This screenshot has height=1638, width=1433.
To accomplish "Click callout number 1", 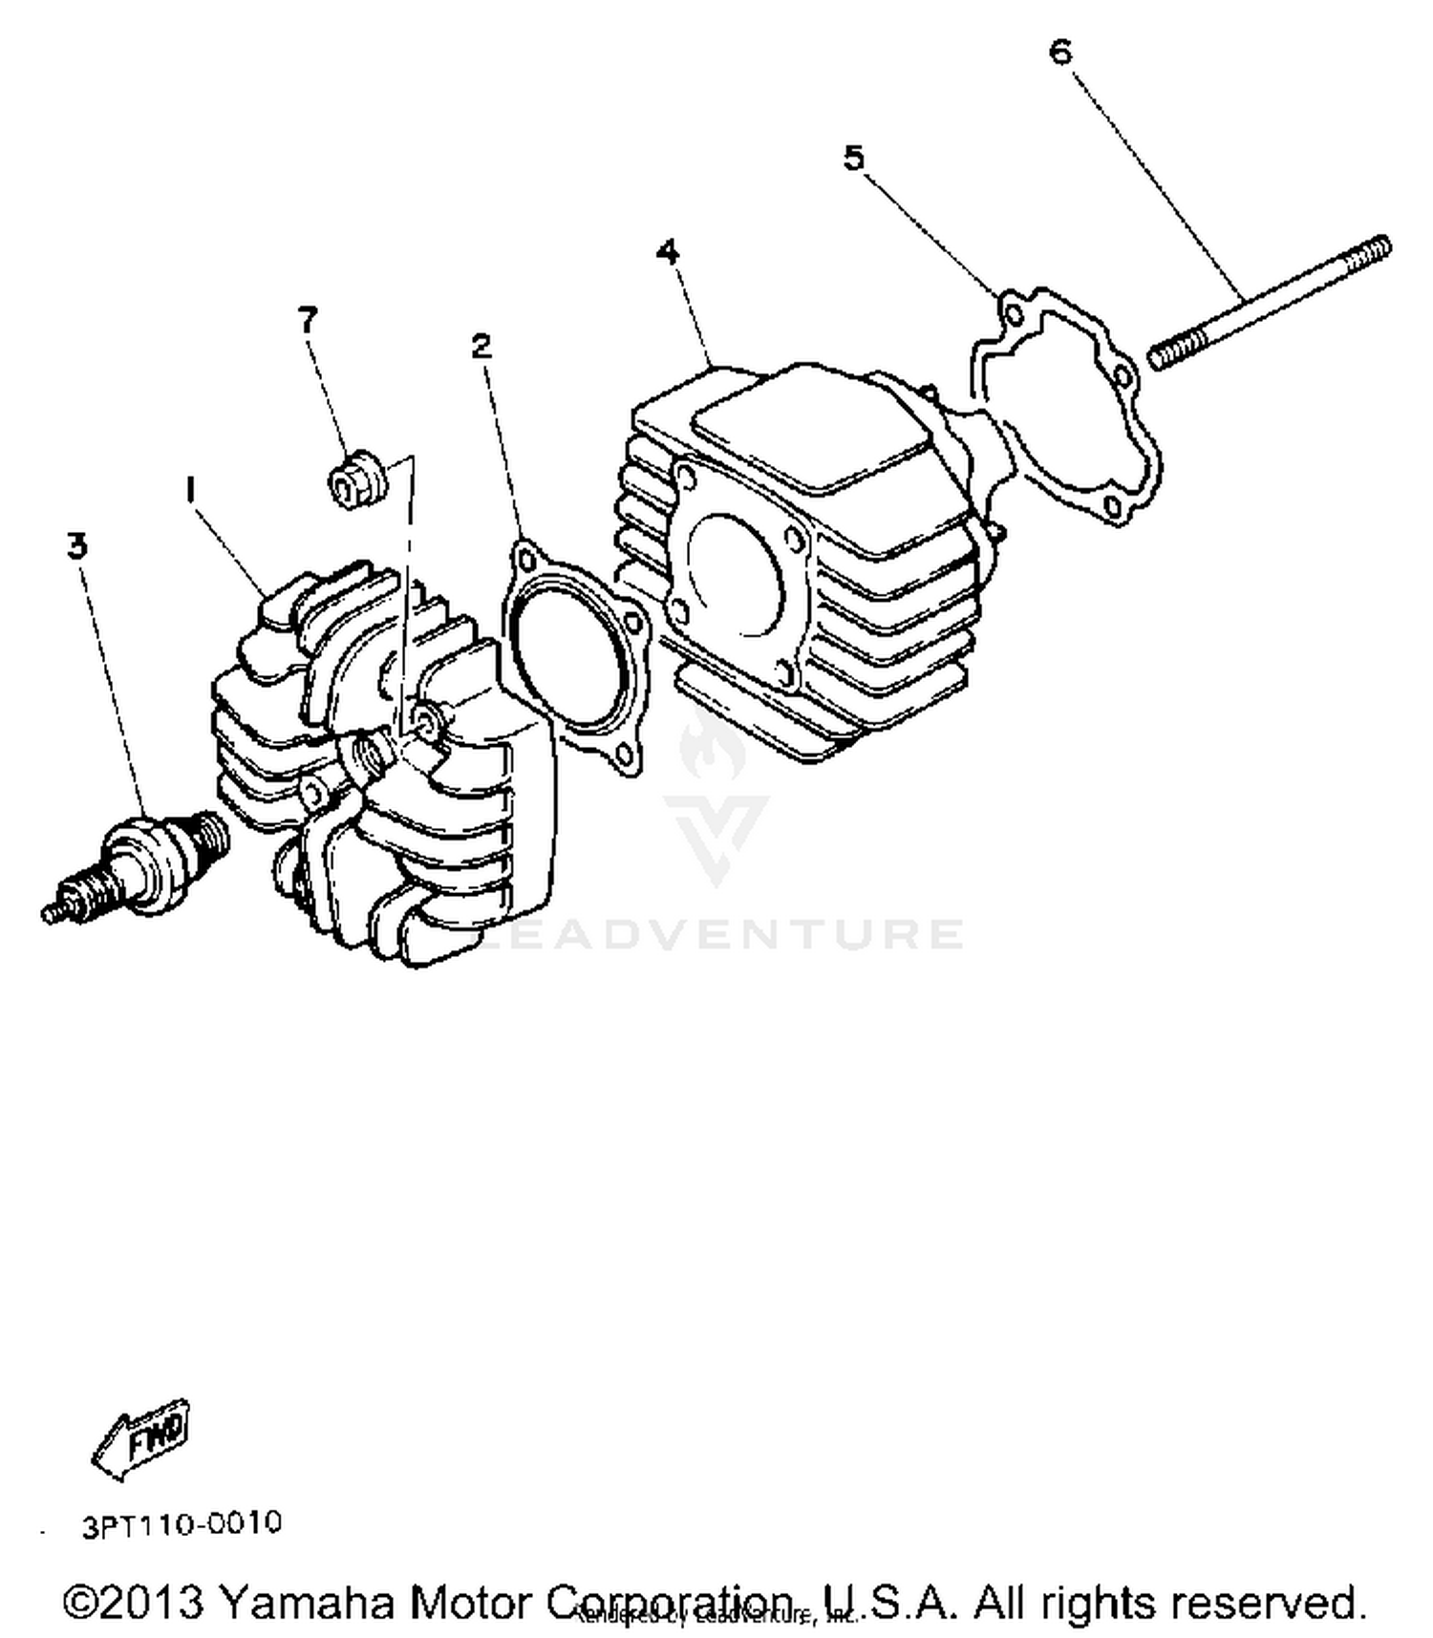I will (190, 490).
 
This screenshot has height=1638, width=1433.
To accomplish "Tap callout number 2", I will (481, 345).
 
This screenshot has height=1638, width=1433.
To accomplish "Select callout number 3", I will (76, 545).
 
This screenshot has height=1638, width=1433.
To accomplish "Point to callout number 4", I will (668, 252).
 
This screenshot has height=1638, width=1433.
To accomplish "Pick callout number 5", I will (853, 158).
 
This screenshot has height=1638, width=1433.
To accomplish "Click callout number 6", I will (1060, 52).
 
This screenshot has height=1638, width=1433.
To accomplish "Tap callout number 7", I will (307, 320).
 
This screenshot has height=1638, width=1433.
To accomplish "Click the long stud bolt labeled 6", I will (1271, 302).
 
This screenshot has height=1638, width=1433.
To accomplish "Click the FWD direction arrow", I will (143, 1438).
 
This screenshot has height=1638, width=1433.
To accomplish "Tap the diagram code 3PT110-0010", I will (182, 1522).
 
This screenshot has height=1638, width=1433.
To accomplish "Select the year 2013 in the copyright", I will (151, 1602).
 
